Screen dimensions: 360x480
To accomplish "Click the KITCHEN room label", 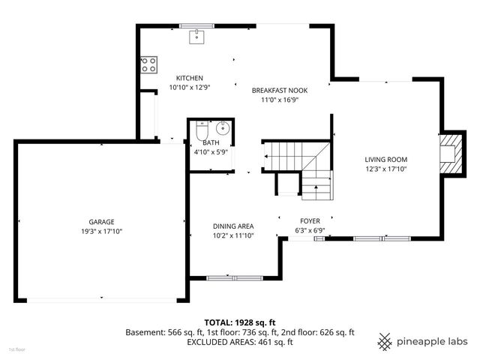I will (189, 79).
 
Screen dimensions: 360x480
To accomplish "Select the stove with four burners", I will (147, 65).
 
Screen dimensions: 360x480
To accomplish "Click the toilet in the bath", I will (200, 133).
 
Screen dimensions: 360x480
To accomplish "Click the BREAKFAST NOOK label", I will (279, 90).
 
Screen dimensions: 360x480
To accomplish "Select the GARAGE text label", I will (101, 222).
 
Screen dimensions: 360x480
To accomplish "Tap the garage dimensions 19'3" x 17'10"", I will (101, 232).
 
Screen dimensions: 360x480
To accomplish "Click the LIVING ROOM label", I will (385, 159).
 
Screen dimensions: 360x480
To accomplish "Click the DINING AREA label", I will (232, 226).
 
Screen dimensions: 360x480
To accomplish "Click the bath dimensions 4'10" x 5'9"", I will (210, 151).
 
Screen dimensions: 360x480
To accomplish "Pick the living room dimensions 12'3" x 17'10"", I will (385, 169).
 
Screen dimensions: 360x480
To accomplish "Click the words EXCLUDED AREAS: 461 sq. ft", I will (239, 341).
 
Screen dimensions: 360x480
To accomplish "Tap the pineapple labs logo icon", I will (385, 341).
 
